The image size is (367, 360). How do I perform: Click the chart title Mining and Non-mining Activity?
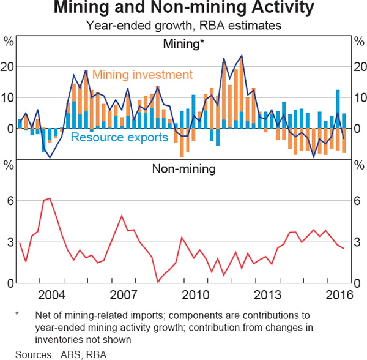click(183, 9)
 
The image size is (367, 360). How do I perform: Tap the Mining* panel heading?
click(183, 44)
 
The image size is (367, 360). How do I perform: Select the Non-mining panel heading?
click(183, 169)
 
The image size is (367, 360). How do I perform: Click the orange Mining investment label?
click(143, 75)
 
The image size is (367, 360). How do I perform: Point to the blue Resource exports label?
click(120, 137)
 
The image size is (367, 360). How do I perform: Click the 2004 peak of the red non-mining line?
click(49, 198)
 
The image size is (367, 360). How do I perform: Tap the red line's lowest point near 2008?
click(157, 282)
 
